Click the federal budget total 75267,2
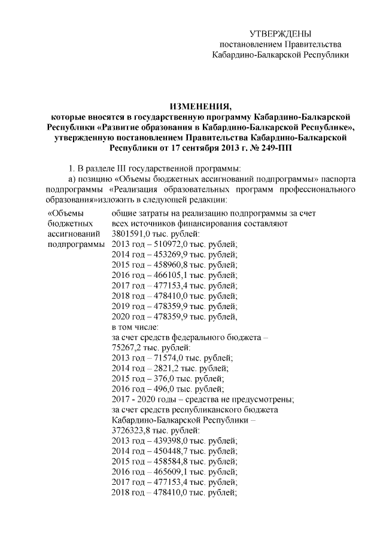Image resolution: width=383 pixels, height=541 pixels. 125,348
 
